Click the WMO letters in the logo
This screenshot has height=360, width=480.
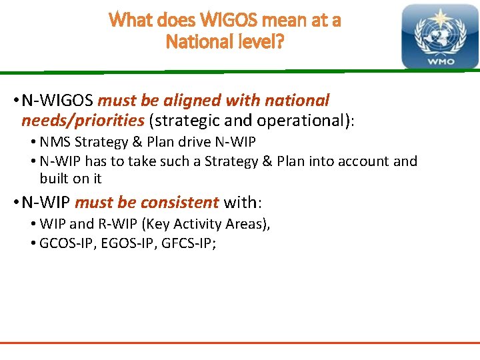point(440,61)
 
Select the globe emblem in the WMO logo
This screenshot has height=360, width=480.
point(440,32)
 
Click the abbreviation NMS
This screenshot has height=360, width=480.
point(55,142)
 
